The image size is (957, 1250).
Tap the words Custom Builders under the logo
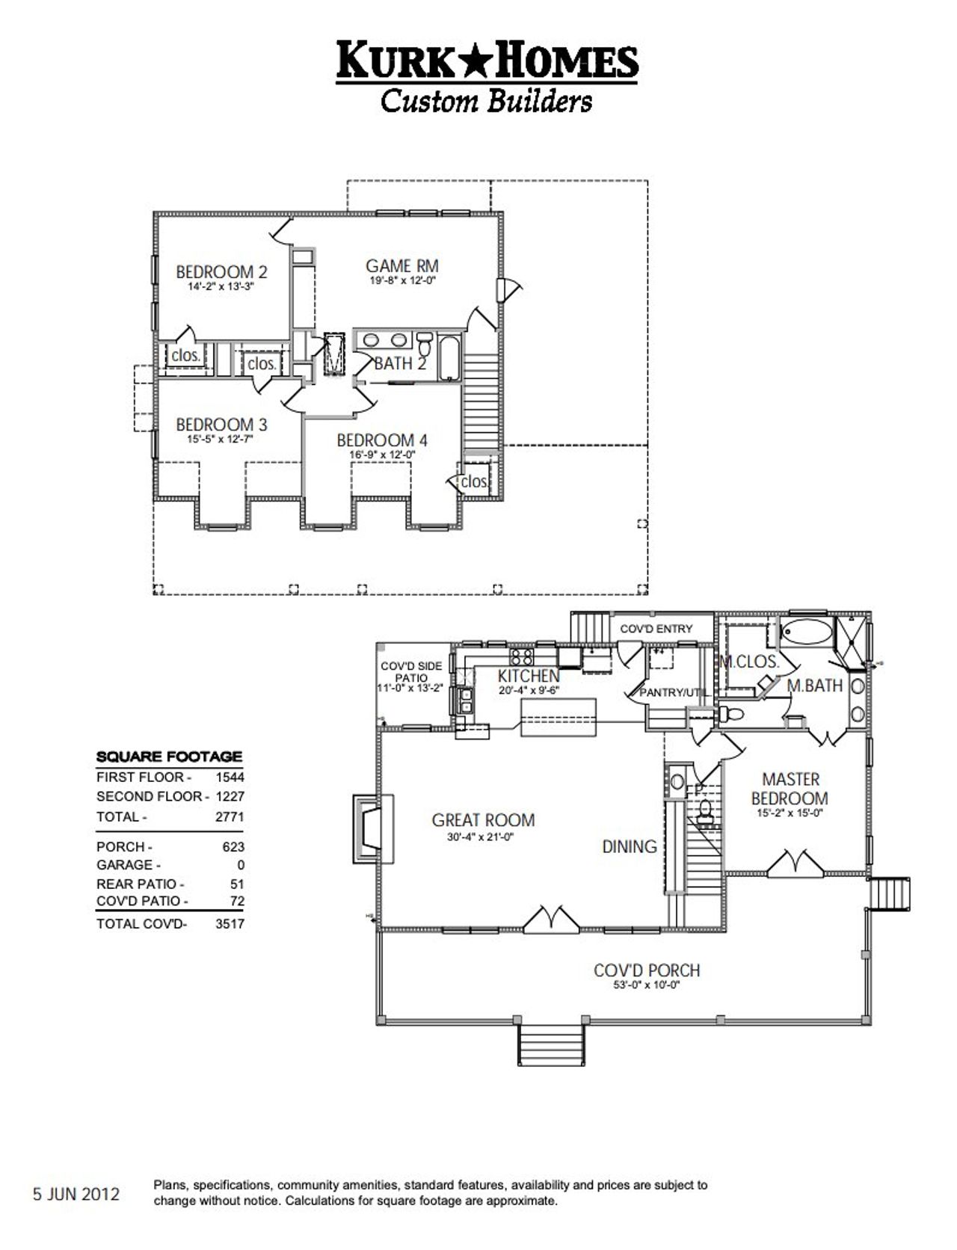click(486, 100)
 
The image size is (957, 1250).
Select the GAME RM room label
click(401, 266)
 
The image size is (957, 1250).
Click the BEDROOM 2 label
click(221, 272)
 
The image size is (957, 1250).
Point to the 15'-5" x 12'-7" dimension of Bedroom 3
click(221, 440)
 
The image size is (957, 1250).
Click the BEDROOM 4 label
click(381, 440)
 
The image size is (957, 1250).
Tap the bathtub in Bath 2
click(450, 360)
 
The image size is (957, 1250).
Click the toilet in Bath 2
click(425, 345)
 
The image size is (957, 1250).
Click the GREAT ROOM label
click(483, 820)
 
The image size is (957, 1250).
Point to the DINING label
click(630, 846)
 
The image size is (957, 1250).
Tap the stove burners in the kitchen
click(521, 657)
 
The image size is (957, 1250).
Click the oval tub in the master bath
click(805, 632)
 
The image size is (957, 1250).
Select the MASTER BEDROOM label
click(790, 789)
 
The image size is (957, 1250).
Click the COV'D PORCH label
click(647, 970)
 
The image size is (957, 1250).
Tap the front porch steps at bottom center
click(551, 1044)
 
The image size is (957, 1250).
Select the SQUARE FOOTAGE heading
click(169, 757)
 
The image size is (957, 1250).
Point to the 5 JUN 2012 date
click(76, 1194)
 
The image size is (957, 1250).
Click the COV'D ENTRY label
click(656, 629)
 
